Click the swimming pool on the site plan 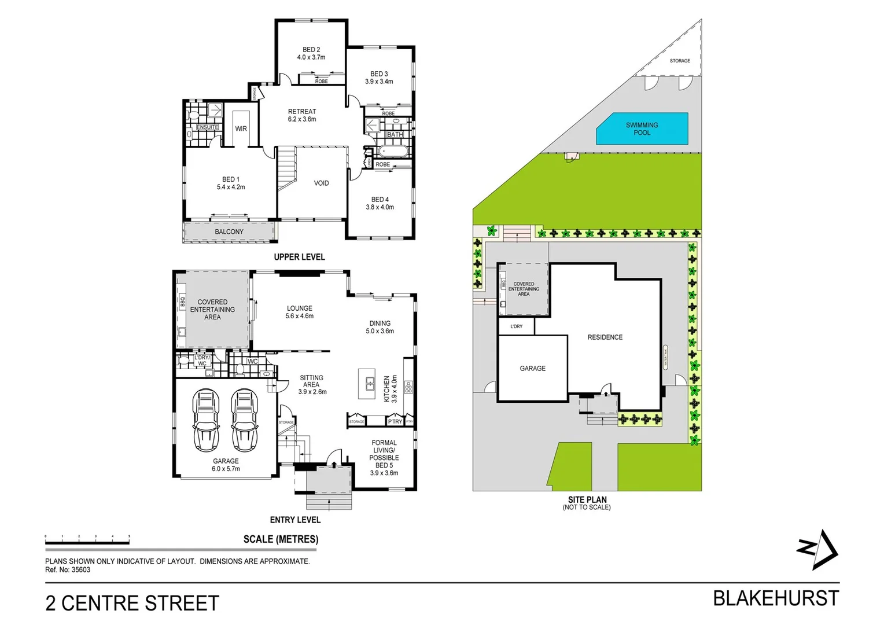[x=642, y=128]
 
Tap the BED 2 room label [x=311, y=53]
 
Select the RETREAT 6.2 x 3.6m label [x=302, y=115]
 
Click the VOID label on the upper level [x=321, y=183]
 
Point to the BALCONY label [x=229, y=231]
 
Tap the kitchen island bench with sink [x=367, y=384]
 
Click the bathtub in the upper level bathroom [x=394, y=152]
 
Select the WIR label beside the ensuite [x=241, y=128]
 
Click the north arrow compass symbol [x=818, y=549]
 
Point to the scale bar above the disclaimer [x=87, y=542]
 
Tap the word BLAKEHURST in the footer [x=775, y=598]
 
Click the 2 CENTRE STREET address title [x=132, y=603]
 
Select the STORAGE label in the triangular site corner [x=680, y=61]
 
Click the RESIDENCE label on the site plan [x=605, y=337]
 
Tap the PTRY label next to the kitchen [x=395, y=421]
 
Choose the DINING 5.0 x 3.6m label [x=380, y=327]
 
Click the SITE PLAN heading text [x=587, y=499]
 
